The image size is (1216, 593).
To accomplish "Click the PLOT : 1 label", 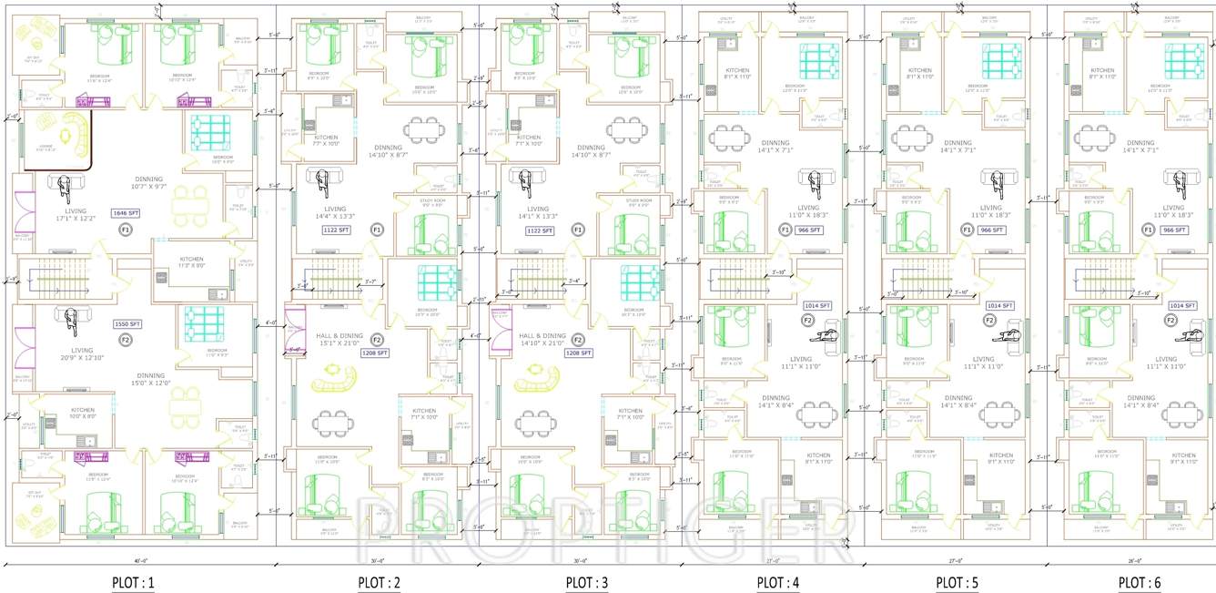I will coord(133,582).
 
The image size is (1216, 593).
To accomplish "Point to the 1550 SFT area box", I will coord(127,324).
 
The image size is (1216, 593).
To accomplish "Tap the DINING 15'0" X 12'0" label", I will coord(150,380).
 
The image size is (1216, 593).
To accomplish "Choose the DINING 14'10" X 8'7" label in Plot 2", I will coord(400,151).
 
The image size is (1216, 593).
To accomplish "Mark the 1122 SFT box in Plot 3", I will coord(539,231).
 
